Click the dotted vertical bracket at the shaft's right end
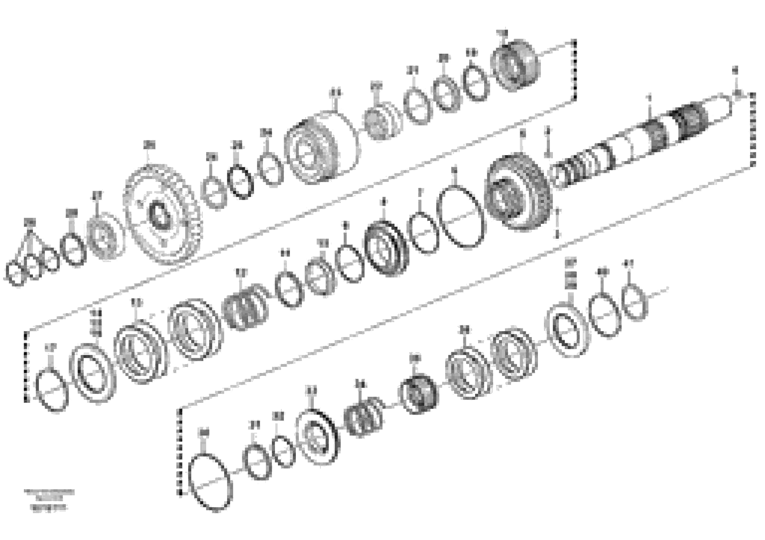tap(752, 130)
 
